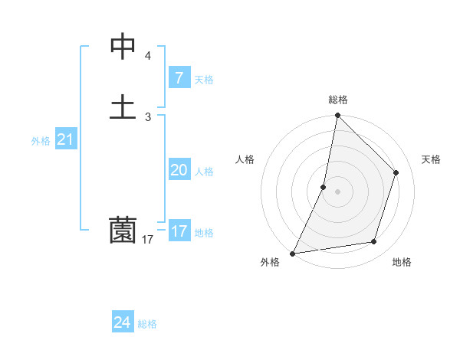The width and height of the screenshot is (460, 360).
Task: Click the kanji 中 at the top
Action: [x=123, y=47]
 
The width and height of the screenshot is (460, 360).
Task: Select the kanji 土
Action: [x=123, y=106]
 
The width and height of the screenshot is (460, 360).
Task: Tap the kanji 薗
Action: [x=123, y=230]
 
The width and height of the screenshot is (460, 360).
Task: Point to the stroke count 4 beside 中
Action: [x=148, y=56]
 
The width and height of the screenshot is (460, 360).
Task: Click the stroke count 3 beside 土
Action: [x=148, y=116]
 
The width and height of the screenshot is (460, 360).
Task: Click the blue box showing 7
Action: [x=179, y=77]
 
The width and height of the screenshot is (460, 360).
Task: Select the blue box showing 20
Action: [x=179, y=170]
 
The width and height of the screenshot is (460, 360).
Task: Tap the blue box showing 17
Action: [x=179, y=231]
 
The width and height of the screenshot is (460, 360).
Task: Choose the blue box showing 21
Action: [x=65, y=139]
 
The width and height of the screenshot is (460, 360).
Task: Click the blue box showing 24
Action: [x=122, y=322]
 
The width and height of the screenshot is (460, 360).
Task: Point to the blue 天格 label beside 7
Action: [x=204, y=79]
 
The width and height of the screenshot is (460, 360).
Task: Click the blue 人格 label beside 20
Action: [x=204, y=172]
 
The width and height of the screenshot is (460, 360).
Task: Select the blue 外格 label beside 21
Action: [x=41, y=141]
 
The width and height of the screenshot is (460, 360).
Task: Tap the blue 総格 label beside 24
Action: [x=147, y=324]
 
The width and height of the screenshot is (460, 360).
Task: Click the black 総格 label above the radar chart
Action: [x=337, y=100]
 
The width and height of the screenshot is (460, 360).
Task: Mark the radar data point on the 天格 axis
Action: [x=396, y=172]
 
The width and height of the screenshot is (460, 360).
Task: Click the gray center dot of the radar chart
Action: [x=337, y=191]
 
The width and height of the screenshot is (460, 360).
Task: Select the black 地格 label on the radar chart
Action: [x=402, y=263]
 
